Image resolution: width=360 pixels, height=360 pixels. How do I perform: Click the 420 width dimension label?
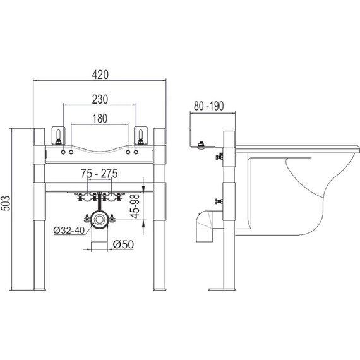click(100, 75)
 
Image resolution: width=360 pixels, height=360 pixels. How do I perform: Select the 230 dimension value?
click(100, 99)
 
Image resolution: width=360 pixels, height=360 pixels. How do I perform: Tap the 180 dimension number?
click(100, 119)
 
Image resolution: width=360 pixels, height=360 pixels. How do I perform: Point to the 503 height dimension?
click(6, 203)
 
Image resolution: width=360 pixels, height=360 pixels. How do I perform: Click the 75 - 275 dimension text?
click(99, 173)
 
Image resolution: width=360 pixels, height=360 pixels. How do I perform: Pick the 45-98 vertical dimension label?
click(135, 206)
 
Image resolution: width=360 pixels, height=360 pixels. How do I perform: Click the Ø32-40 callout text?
click(69, 231)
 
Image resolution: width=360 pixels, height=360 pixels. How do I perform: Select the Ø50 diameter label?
click(123, 244)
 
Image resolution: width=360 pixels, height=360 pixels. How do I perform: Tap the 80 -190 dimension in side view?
click(208, 106)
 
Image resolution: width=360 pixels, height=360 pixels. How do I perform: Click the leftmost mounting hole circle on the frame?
click(63, 152)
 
